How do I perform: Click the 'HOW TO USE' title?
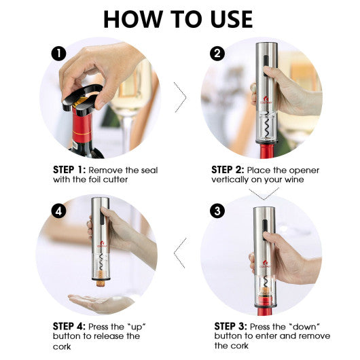coord(178,18)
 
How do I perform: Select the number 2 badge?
coord(217,53)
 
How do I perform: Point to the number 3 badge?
coord(217,211)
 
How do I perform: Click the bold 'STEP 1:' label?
coord(70,170)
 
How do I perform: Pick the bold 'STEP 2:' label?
coord(228,170)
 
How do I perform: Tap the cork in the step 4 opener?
coord(101,276)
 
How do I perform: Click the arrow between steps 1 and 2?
coord(180,97)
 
